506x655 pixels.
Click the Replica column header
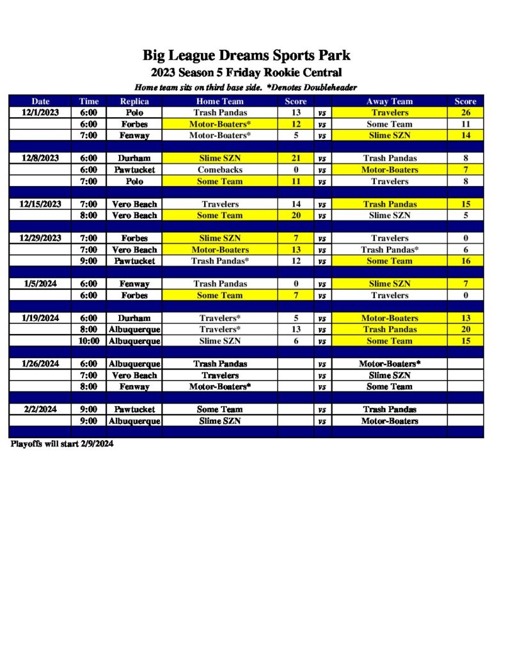(134, 101)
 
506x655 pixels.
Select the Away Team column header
(389, 101)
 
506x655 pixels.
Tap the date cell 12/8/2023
(41, 158)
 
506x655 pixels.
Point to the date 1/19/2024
(41, 318)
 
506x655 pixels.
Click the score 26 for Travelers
(465, 113)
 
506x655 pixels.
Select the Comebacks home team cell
(219, 170)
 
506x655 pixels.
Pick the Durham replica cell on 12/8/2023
(134, 158)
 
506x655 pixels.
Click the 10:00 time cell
(89, 341)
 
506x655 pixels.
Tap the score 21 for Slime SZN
(296, 158)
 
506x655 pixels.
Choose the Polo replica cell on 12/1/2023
(134, 113)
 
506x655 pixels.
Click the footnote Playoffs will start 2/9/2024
(62, 444)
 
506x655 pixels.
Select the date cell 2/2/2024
(41, 409)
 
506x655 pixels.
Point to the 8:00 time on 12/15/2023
(89, 216)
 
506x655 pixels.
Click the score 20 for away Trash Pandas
(465, 329)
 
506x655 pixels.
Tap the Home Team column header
(219, 101)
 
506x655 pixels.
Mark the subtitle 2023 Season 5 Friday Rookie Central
(246, 72)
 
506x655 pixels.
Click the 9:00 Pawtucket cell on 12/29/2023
(134, 261)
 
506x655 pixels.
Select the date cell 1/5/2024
(41, 283)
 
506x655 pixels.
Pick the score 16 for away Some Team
(465, 261)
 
